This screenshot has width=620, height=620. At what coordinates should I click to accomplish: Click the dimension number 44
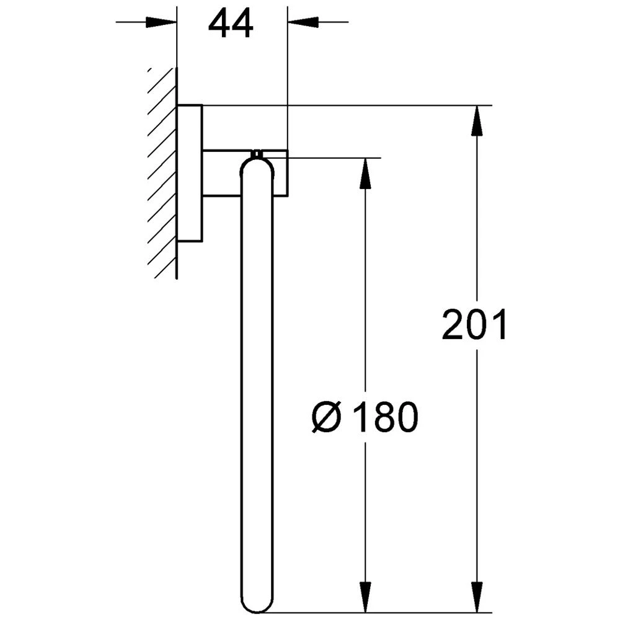(x=231, y=24)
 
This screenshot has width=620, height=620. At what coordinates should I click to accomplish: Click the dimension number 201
(x=474, y=325)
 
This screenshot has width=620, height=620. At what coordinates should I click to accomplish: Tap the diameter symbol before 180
(x=327, y=417)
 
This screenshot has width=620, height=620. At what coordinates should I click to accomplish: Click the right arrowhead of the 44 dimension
(x=303, y=22)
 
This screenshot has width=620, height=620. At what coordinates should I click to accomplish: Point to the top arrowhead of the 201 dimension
(x=477, y=121)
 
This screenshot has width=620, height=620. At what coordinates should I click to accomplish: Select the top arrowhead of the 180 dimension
(x=366, y=173)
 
